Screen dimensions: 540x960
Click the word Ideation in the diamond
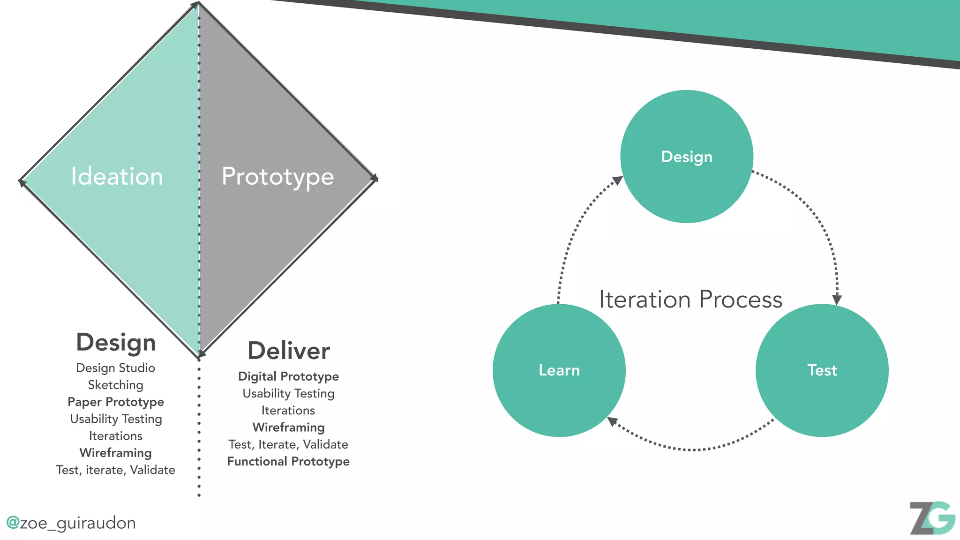pos(117,177)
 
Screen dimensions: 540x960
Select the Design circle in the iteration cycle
pos(686,157)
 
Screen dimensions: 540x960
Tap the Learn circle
pos(559,370)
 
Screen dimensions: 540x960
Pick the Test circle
pos(822,370)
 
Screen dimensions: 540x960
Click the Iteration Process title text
pos(690,300)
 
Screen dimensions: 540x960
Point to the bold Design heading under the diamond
pos(116,342)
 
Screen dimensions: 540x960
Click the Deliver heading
pos(289,351)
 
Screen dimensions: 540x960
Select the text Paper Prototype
pos(116,402)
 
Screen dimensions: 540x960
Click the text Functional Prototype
pos(288,461)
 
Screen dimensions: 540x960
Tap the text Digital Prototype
pos(288,376)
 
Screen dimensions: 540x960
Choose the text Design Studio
pos(115,368)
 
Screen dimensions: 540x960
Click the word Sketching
pos(116,385)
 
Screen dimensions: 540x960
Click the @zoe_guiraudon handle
pos(71,523)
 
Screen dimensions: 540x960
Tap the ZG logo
pos(932,518)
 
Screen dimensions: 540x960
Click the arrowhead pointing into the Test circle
pos(837,300)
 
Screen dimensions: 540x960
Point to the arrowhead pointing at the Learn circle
pos(612,421)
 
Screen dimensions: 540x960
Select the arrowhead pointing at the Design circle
pos(618,180)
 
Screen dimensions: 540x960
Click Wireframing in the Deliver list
pos(288,427)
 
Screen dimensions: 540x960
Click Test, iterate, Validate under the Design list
pos(116,470)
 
